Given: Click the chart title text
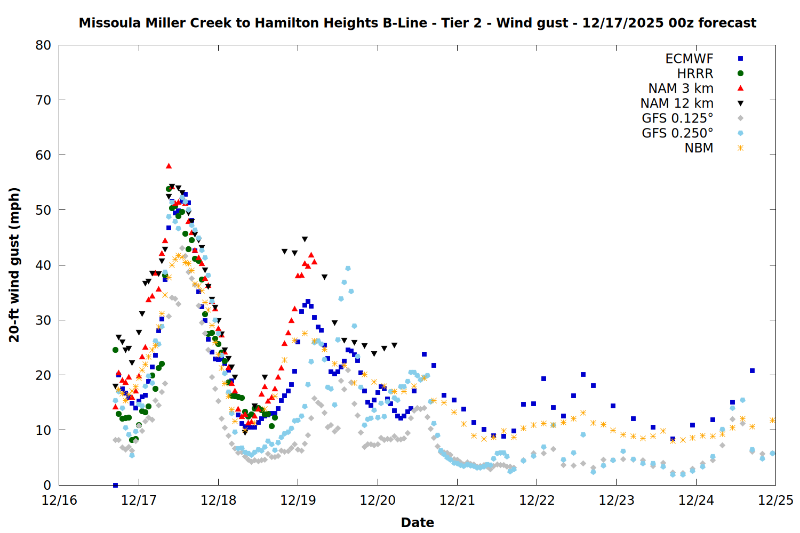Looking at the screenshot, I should click(418, 23).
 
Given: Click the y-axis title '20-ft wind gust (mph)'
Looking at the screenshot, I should click(14, 265).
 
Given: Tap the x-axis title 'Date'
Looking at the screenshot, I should click(417, 522).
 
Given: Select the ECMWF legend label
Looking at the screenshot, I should click(689, 59).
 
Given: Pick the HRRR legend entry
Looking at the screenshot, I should click(695, 74).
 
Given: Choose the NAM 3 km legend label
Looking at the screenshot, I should click(681, 88).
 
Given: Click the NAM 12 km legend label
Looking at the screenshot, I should click(677, 103).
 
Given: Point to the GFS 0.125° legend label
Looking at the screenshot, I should click(677, 118).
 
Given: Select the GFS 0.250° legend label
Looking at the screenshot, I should click(677, 133).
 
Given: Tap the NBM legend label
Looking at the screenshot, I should click(699, 148).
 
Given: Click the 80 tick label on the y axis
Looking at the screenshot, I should click(43, 45).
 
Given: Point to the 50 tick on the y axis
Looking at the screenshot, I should click(43, 210).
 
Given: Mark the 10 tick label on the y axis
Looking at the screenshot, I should click(43, 430).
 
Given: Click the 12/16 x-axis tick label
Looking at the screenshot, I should click(59, 500).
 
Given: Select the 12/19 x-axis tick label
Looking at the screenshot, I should click(298, 500).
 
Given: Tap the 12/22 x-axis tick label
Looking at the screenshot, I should click(537, 500).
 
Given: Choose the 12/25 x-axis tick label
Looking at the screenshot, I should click(775, 500).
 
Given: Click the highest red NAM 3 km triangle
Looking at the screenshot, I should click(169, 166).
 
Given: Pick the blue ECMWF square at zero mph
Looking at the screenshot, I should click(115, 485).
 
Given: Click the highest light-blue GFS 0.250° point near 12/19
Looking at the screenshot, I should click(348, 268).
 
